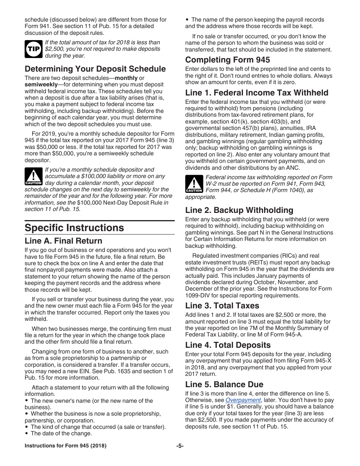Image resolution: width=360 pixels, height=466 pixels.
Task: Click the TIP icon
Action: pyautogui.click(x=33, y=49)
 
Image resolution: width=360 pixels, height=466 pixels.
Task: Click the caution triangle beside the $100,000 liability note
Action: pyautogui.click(x=33, y=177)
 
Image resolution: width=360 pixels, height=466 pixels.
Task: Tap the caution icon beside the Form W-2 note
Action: pyautogui.click(x=194, y=184)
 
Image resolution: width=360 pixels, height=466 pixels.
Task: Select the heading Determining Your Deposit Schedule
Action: pyautogui.click(x=95, y=69)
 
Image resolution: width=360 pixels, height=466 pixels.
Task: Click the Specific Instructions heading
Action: pyautogui.click(x=74, y=228)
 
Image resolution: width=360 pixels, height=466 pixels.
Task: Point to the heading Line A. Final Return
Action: pyautogui.click(x=63, y=241)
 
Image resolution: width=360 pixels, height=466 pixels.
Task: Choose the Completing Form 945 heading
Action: pyautogui.click(x=227, y=60)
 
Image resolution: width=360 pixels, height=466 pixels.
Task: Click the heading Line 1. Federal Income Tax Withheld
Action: pyautogui.click(x=257, y=93)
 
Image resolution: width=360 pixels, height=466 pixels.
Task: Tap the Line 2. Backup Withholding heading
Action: pyautogui.click(x=239, y=210)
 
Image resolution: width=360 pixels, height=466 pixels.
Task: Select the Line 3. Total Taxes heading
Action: pyautogui.click(x=222, y=306)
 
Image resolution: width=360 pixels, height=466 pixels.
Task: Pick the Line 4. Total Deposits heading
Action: pyautogui.click(x=228, y=345)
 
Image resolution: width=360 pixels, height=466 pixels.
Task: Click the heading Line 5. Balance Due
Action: pyautogui.click(x=224, y=385)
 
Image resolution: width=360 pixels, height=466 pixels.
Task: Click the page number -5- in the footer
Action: pyautogui.click(x=180, y=446)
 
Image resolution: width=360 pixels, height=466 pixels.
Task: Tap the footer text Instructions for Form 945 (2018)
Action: pyautogui.click(x=66, y=446)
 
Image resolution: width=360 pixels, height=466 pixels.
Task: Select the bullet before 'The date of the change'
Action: pyautogui.click(x=27, y=433)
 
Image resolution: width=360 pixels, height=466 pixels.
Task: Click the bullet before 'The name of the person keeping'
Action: pyautogui.click(x=187, y=20)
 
